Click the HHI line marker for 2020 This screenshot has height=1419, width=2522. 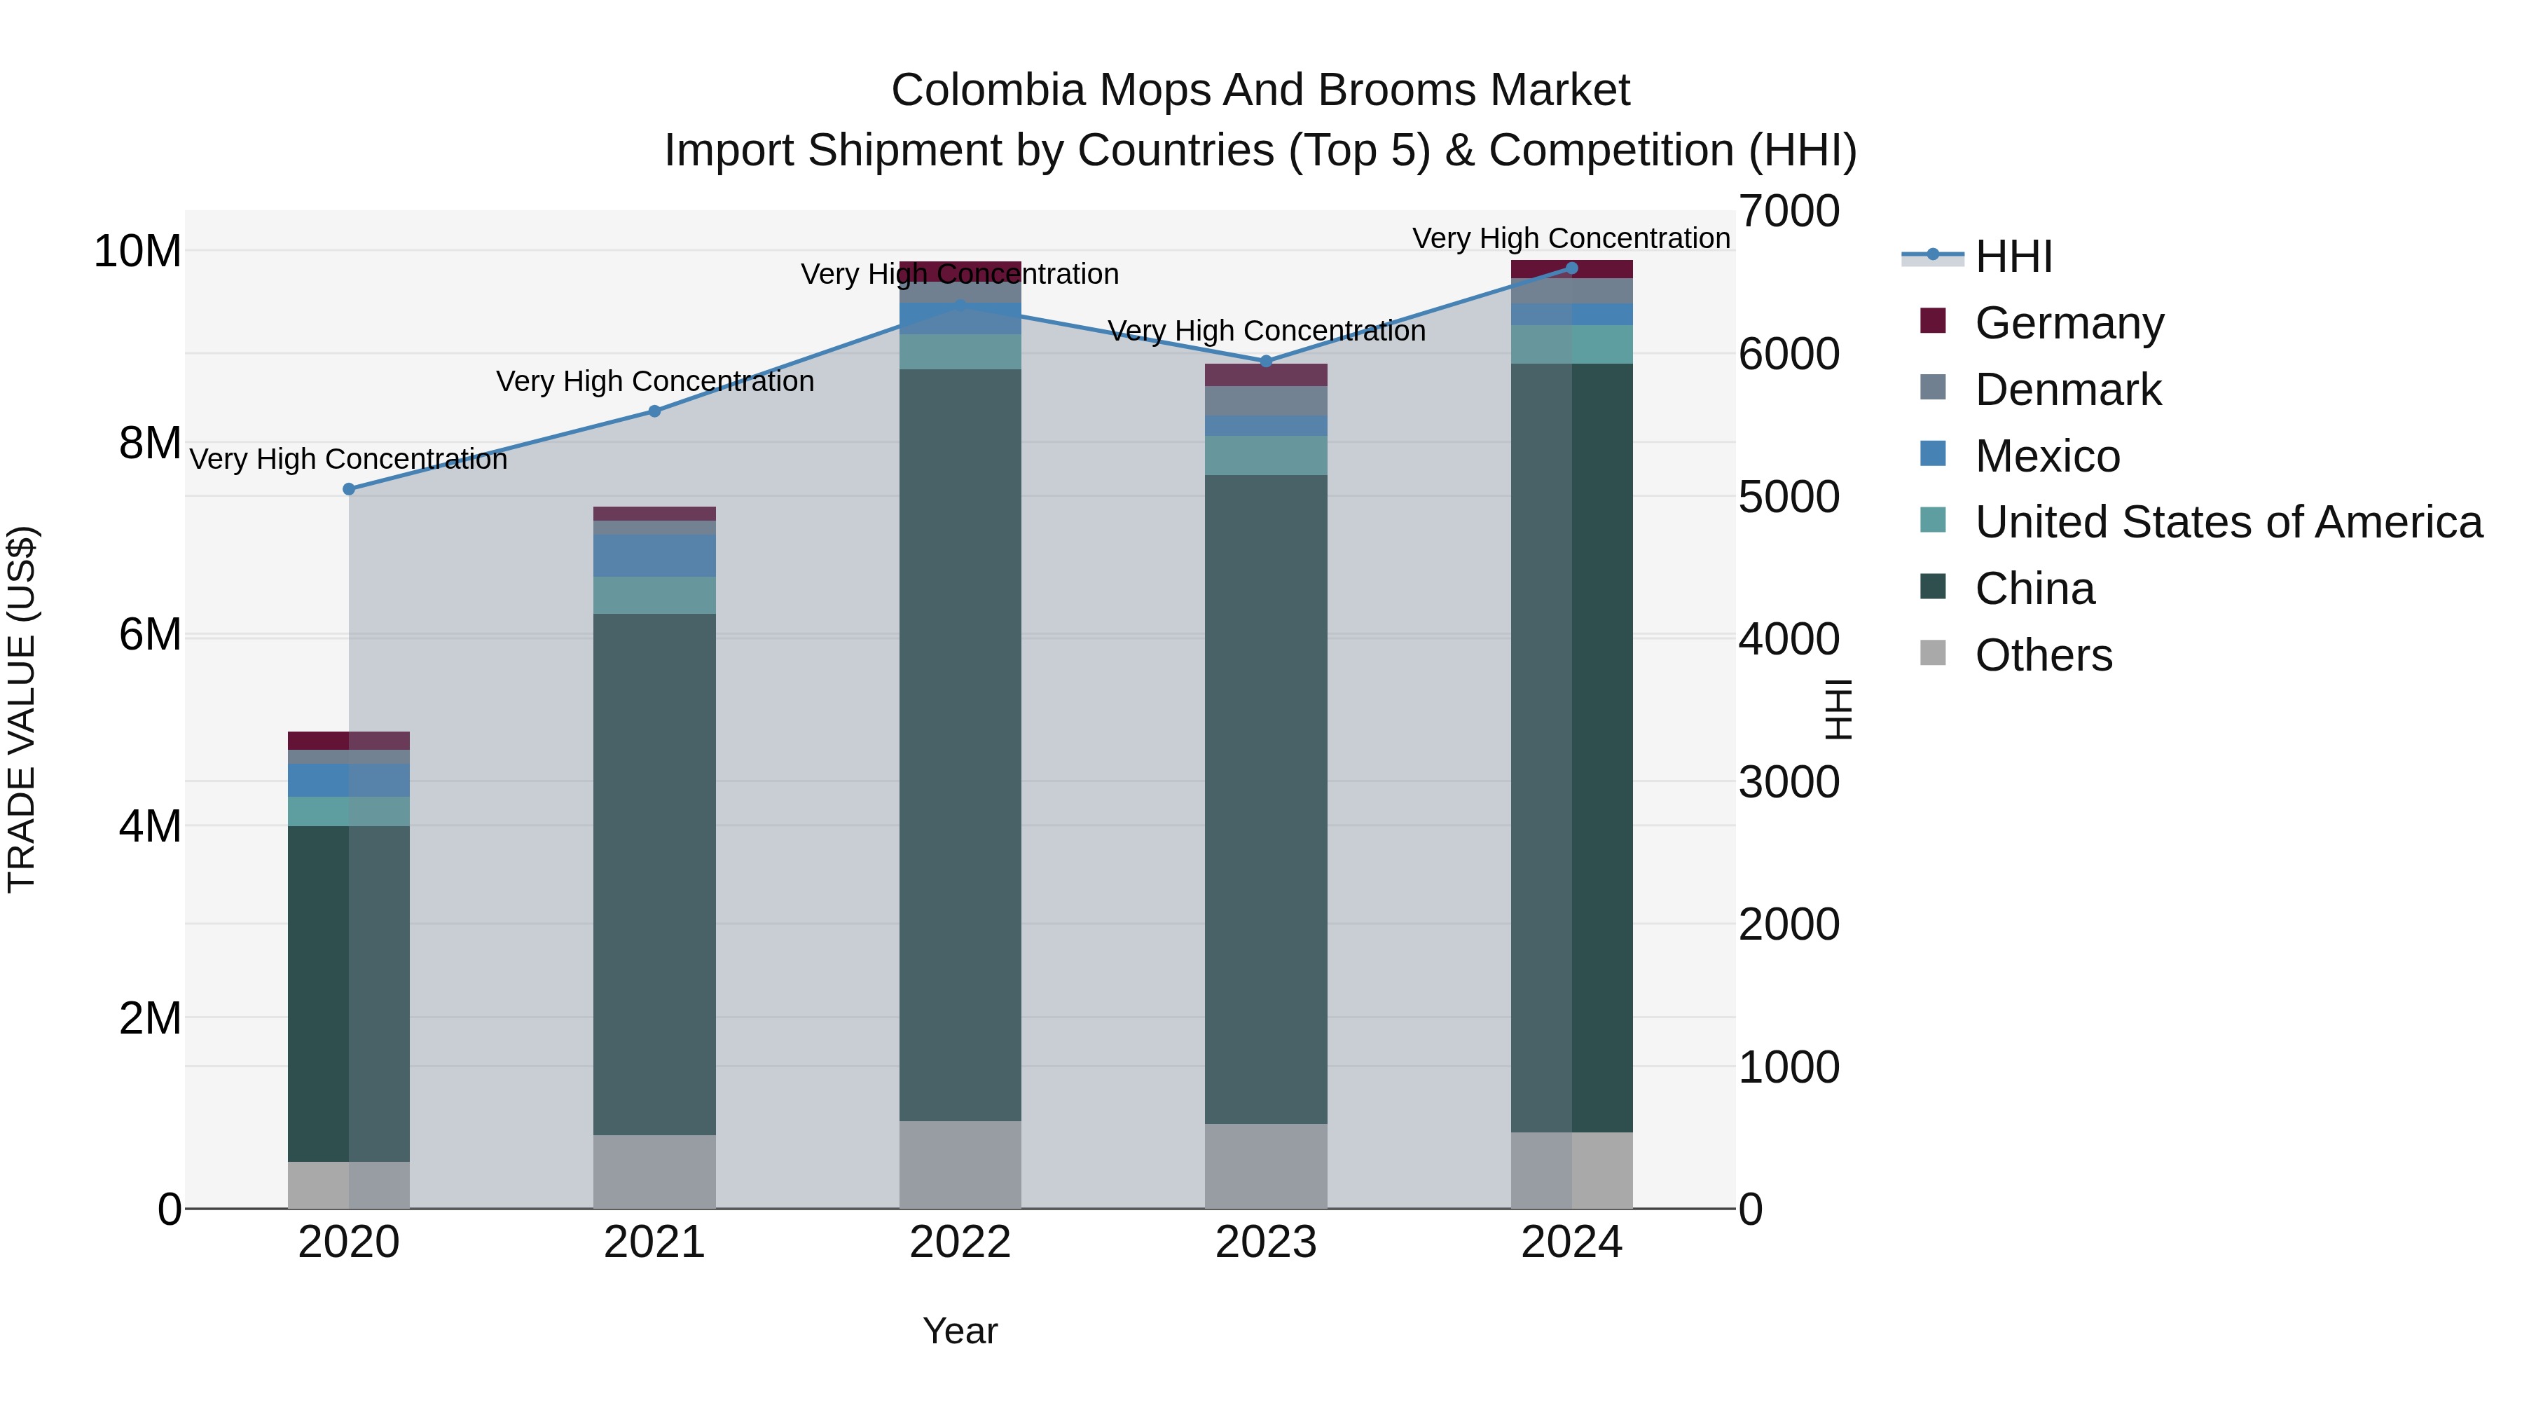click(349, 488)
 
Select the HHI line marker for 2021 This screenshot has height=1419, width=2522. click(655, 411)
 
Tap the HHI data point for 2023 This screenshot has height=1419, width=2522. click(1266, 362)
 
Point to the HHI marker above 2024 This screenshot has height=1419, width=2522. click(1571, 268)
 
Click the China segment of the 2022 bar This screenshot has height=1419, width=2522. click(960, 744)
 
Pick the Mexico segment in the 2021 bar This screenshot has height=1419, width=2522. click(654, 555)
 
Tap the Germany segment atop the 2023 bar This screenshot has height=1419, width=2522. click(1266, 375)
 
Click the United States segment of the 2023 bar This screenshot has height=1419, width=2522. click(1266, 455)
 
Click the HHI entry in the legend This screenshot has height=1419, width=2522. click(2013, 256)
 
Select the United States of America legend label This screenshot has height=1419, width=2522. click(2228, 522)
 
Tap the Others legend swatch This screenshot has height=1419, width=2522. click(1933, 653)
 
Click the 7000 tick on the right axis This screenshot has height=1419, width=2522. click(1789, 212)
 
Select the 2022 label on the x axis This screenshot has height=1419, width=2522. click(960, 1242)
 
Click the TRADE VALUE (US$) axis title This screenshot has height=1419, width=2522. click(22, 709)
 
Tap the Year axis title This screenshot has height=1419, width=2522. click(960, 1331)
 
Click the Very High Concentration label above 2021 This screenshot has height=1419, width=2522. click(655, 381)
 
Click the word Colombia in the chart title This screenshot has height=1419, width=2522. click(988, 90)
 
